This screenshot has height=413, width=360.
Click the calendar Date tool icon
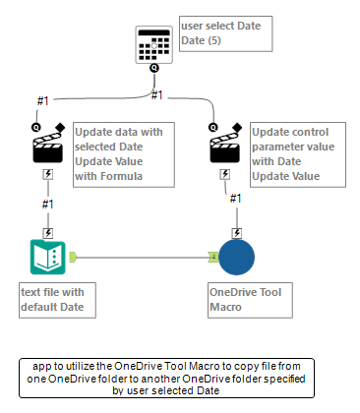click(153, 42)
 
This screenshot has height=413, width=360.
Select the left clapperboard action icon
click(48, 147)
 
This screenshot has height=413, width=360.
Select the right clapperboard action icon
click(225, 147)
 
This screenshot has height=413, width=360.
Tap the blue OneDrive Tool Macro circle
click(236, 259)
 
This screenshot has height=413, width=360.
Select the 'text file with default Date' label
click(59, 299)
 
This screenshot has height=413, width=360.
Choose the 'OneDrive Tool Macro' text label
click(250, 299)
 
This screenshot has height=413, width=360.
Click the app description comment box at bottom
click(166, 377)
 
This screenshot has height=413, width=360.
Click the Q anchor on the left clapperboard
click(36, 127)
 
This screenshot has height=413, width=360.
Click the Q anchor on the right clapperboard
click(213, 127)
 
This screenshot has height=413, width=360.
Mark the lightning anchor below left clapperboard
click(48, 173)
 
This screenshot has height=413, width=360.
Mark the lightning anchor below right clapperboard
click(225, 173)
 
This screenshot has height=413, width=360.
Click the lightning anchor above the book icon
click(48, 232)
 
